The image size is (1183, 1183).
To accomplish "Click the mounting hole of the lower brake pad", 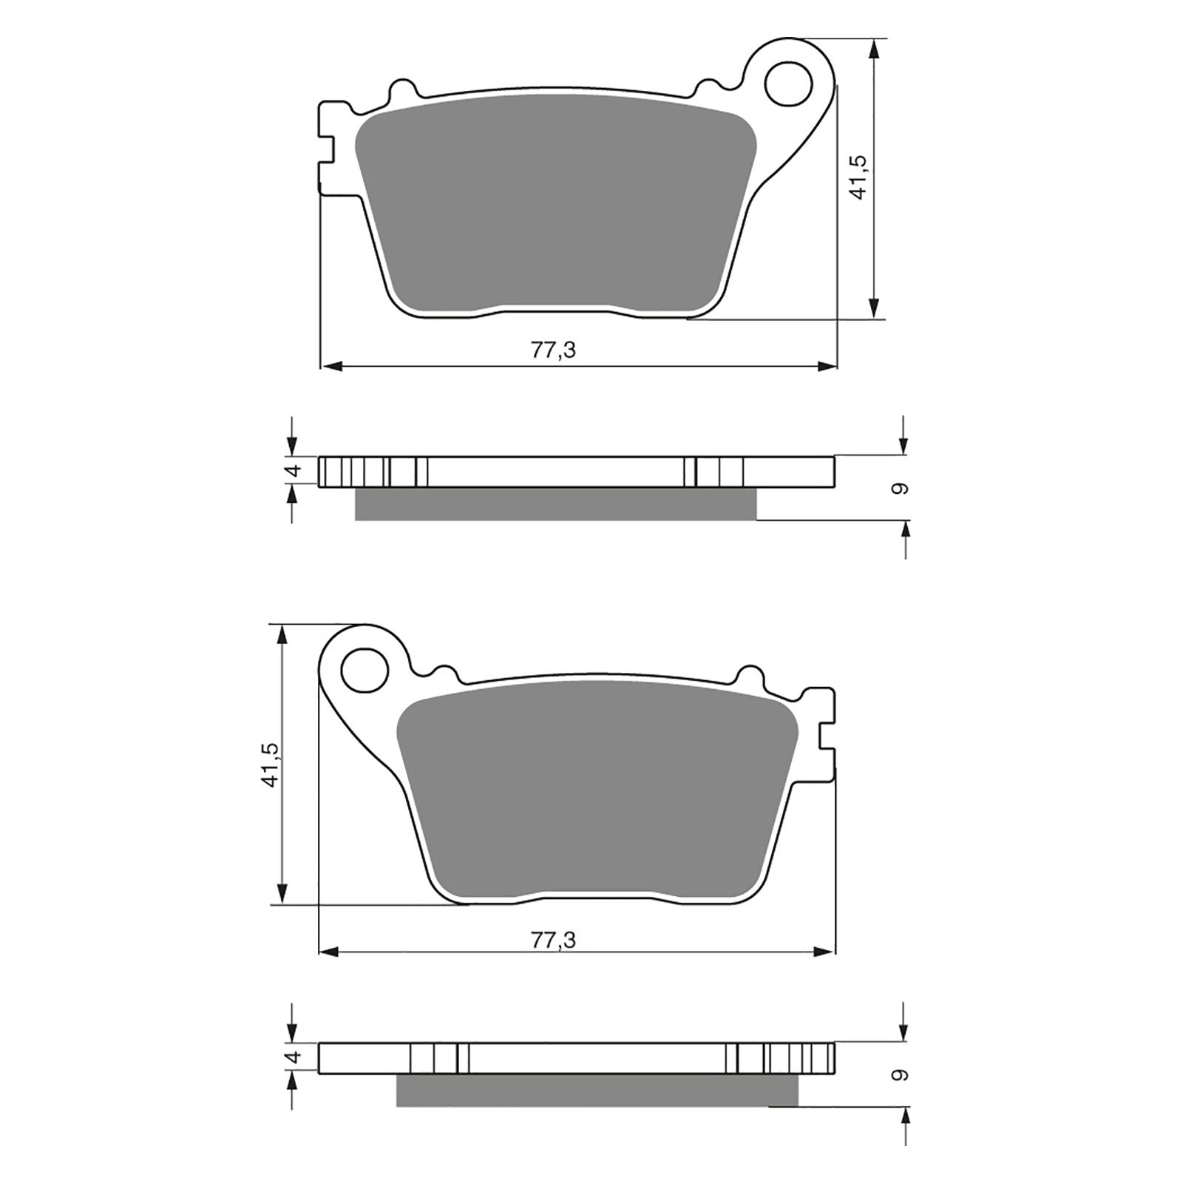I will (365, 669).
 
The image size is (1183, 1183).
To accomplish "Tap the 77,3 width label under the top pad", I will (553, 350).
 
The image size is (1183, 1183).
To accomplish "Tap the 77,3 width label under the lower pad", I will (553, 940).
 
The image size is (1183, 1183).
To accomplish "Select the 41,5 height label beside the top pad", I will (858, 177).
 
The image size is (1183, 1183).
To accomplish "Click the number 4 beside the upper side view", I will (294, 470).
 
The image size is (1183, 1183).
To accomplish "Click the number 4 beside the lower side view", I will (294, 1058).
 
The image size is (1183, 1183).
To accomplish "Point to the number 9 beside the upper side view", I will (899, 489).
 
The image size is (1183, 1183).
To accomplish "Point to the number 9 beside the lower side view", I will (899, 1075).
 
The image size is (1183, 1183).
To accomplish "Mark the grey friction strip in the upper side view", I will (555, 504).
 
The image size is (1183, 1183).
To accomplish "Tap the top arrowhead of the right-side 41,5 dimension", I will (875, 49).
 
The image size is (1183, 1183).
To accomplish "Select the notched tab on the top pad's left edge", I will (326, 148).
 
